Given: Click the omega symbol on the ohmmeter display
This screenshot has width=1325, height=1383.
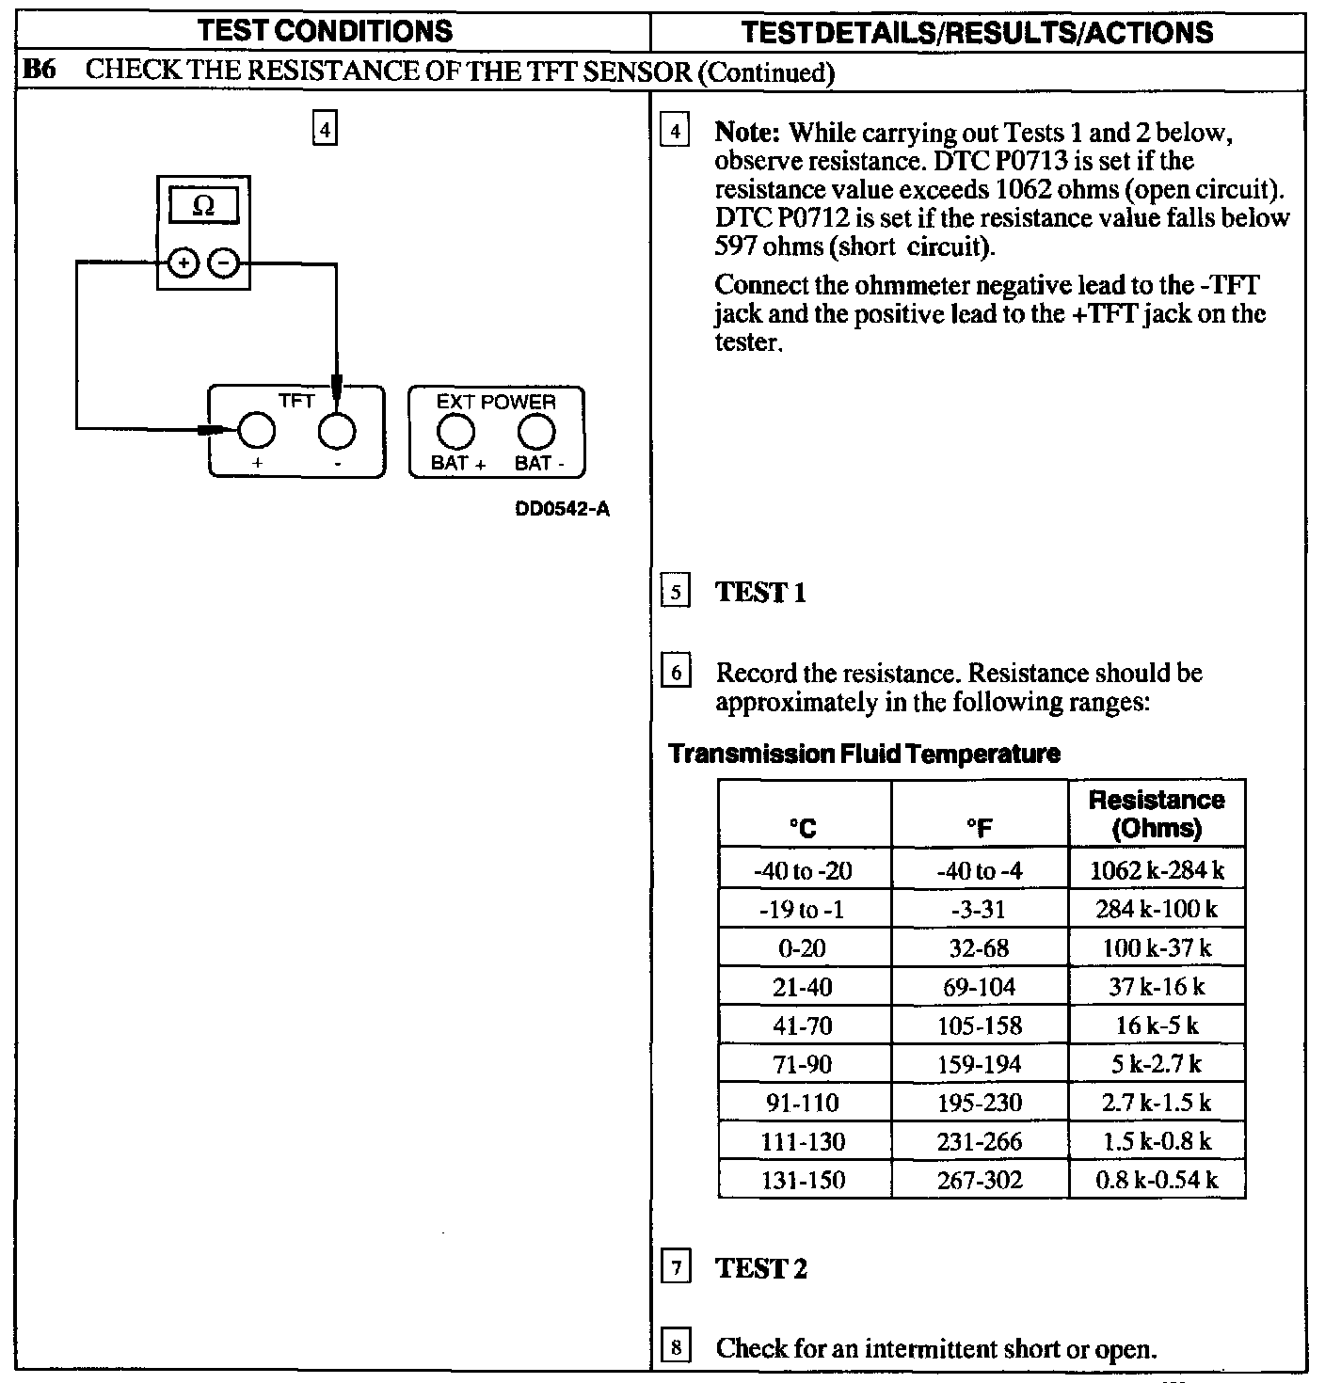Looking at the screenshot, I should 202,206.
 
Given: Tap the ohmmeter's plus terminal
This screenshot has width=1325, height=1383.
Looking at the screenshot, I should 183,263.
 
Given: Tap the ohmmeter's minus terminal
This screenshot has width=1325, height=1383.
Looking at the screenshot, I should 223,263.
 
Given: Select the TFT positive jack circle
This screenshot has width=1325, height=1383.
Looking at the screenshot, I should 256,431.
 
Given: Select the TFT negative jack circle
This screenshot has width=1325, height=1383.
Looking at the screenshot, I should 337,431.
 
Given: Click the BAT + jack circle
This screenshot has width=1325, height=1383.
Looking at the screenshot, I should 456,431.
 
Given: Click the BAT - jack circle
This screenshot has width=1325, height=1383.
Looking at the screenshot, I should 536,431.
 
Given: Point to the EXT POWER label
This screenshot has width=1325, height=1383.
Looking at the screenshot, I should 496,402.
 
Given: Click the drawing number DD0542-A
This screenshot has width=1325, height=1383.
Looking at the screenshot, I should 562,510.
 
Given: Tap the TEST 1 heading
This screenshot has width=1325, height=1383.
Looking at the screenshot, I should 760,593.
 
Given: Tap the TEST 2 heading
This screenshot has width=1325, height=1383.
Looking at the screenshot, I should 760,1268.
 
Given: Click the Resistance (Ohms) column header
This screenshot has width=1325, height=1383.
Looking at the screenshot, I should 1157,814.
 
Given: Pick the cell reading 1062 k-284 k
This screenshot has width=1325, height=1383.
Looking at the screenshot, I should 1157,870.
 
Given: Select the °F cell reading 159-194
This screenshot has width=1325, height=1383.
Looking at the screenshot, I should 980,1064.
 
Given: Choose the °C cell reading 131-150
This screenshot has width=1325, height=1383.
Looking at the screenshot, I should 803,1180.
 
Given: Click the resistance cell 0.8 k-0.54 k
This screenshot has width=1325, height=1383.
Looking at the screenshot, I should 1157,1180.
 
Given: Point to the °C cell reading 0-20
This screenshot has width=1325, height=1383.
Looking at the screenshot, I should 803,947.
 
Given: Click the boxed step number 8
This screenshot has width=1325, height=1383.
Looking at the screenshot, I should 676,1347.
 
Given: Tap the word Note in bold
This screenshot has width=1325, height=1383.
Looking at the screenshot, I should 749,133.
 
